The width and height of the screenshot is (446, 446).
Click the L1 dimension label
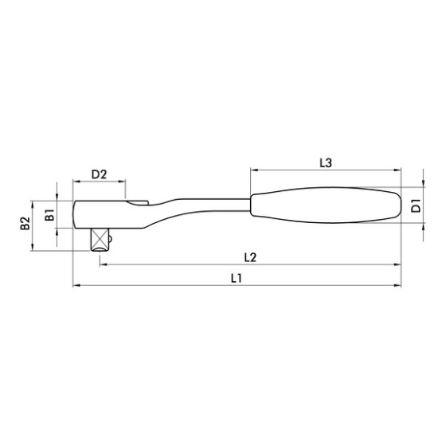[x=236, y=278]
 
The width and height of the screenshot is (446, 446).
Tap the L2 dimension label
[x=250, y=258]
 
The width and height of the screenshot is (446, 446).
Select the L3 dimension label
[x=326, y=163]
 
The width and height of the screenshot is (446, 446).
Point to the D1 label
[x=416, y=205]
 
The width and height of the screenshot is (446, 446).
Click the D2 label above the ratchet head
[x=99, y=174]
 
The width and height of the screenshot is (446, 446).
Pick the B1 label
[x=49, y=214]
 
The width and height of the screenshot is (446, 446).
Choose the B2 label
[x=25, y=223]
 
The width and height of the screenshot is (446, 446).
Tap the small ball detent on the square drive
[x=110, y=238]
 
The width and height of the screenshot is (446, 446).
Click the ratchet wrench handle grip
[x=326, y=205]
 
